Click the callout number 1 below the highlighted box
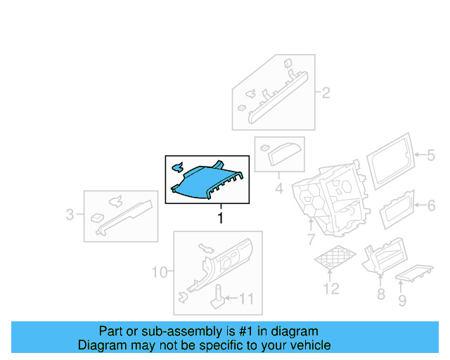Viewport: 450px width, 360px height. click(x=220, y=218)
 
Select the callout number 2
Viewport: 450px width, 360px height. click(x=326, y=93)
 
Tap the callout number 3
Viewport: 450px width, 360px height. click(x=70, y=214)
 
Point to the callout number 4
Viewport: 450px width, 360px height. click(x=278, y=188)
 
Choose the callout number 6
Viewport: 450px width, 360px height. click(x=432, y=205)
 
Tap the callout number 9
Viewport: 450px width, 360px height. click(x=402, y=302)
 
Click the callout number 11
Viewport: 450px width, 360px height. click(x=245, y=299)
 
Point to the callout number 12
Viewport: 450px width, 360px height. click(x=330, y=288)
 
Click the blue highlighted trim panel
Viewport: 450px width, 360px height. click(x=207, y=181)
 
